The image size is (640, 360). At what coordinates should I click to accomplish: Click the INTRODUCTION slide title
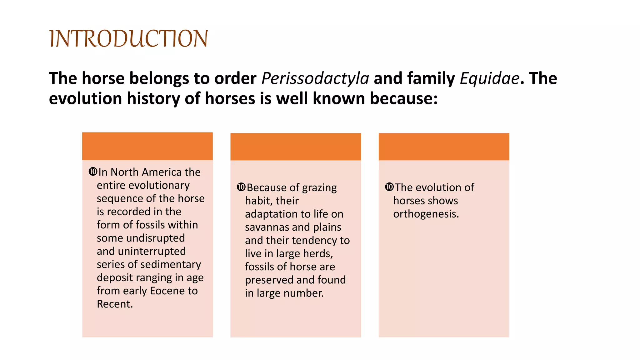coord(128,39)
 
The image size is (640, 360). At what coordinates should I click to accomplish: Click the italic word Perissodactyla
coord(315,78)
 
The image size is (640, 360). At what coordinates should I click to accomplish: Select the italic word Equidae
coord(489,78)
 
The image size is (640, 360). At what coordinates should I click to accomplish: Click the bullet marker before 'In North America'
coord(93,172)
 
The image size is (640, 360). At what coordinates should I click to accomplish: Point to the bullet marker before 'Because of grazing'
coord(241,187)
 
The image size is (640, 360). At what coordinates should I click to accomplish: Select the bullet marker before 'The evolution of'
coord(389,187)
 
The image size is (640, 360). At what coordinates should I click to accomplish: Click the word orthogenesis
coord(426,214)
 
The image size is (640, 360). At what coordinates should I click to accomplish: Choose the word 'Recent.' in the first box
coord(115,304)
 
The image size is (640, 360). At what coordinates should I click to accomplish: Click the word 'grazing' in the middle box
coord(319,187)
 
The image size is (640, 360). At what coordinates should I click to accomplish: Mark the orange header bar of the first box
coord(147,146)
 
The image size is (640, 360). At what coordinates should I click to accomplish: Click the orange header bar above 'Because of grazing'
coord(296,147)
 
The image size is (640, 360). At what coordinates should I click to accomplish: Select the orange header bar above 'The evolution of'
coord(444,147)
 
